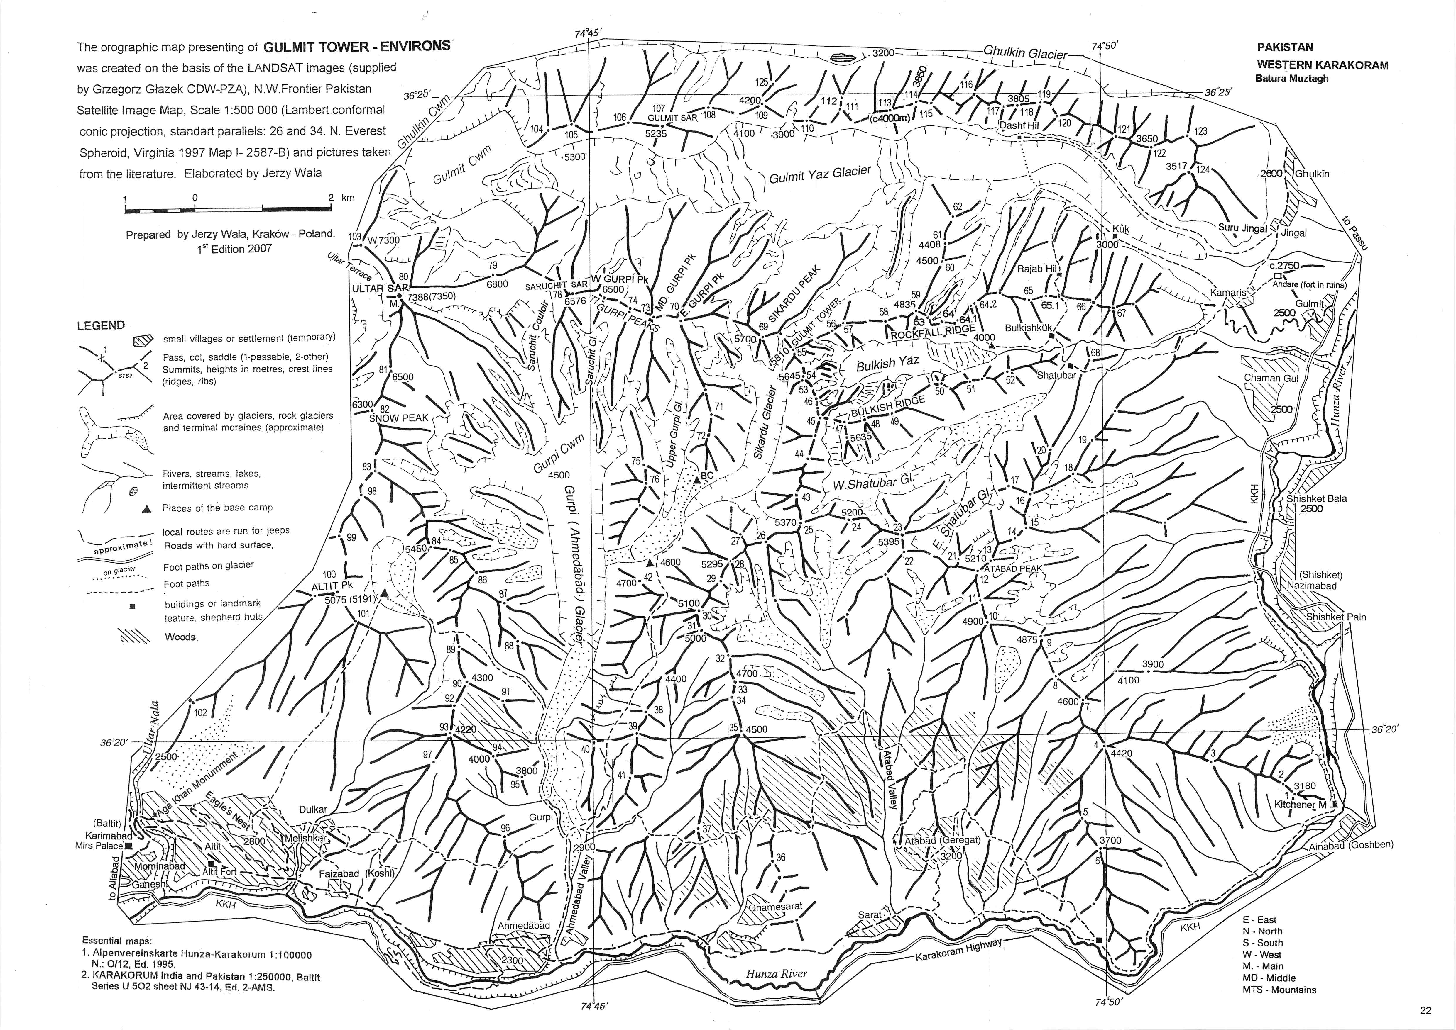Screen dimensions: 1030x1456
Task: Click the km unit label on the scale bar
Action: point(348,198)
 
